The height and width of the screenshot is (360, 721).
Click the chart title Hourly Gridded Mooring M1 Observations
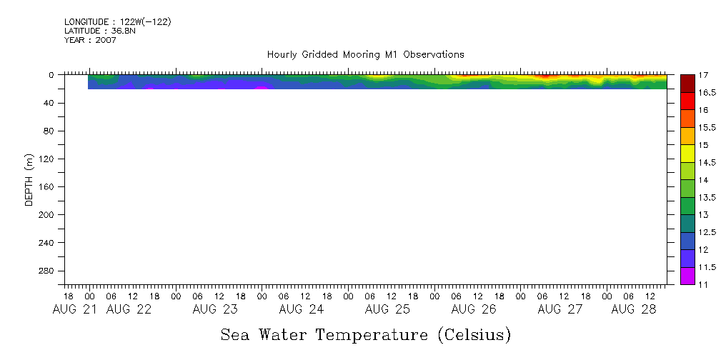(365, 54)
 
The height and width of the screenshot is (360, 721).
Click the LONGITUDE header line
(117, 22)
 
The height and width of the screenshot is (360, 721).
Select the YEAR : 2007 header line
(90, 40)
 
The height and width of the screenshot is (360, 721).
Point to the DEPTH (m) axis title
(29, 179)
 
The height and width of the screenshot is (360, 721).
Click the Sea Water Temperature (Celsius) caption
(365, 334)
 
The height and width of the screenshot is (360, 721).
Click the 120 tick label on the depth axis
(49, 159)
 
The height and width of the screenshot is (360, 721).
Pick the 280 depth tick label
(49, 271)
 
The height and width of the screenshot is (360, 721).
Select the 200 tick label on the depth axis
(49, 215)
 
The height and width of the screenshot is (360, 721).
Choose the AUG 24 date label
(301, 309)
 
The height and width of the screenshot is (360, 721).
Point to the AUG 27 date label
(560, 309)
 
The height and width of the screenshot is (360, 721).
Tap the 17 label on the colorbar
(703, 75)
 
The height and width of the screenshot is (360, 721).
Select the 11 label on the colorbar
(703, 284)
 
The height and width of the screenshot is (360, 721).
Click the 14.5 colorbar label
(707, 162)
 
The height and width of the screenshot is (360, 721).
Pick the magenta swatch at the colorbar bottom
(687, 276)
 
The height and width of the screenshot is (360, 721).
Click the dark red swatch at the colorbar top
(687, 84)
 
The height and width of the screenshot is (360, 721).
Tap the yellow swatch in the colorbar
(687, 154)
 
